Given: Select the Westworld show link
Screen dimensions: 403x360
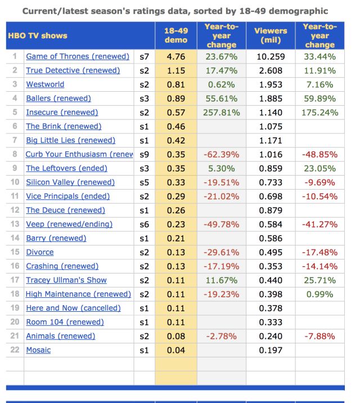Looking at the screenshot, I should click(45, 84).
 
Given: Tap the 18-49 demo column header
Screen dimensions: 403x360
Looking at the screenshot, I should click(176, 35).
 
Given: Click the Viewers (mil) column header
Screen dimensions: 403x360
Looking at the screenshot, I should click(271, 35).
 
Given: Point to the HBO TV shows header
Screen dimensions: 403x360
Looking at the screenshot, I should click(38, 35).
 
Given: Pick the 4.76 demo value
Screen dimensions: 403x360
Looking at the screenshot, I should click(176, 57).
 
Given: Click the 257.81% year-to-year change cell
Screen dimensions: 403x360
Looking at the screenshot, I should click(221, 113).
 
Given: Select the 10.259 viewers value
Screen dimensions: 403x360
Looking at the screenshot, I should click(271, 57).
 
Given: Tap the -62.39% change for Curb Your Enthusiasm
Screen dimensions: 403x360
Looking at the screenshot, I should click(221, 154).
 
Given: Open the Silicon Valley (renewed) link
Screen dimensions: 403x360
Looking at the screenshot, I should click(70, 182).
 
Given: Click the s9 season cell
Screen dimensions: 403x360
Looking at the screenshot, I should click(143, 154).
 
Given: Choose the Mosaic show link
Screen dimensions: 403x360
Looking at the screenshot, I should click(38, 350).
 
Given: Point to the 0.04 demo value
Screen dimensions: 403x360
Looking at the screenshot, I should click(176, 350).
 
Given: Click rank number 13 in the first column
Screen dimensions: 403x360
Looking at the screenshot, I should click(15, 224).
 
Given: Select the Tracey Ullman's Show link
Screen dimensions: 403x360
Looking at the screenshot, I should click(66, 280).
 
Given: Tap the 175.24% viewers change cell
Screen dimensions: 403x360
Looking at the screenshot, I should click(319, 113).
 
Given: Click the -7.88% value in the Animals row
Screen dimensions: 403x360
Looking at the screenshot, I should click(319, 336).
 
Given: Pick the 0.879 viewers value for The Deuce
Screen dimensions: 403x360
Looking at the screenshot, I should click(271, 210).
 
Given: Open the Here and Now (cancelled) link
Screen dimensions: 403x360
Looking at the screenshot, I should click(73, 308).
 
